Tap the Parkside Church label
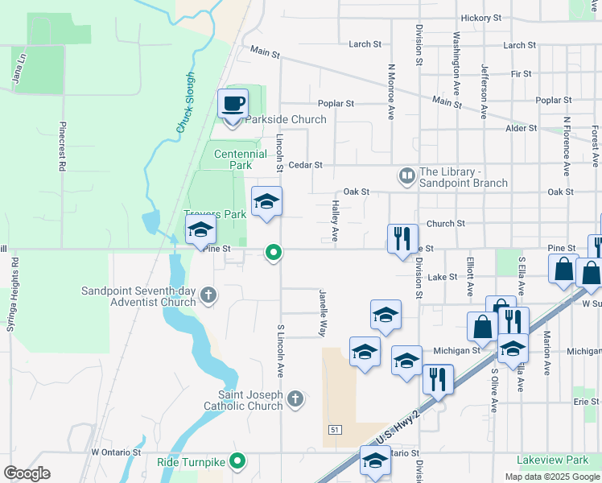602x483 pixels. tap(286, 120)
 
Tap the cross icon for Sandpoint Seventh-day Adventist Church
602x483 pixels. tap(208, 295)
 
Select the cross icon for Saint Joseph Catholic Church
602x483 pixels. tap(296, 398)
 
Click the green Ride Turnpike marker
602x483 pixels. tap(237, 462)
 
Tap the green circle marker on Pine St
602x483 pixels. tap(274, 254)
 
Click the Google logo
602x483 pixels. tap(27, 473)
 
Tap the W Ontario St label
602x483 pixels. tap(117, 452)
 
